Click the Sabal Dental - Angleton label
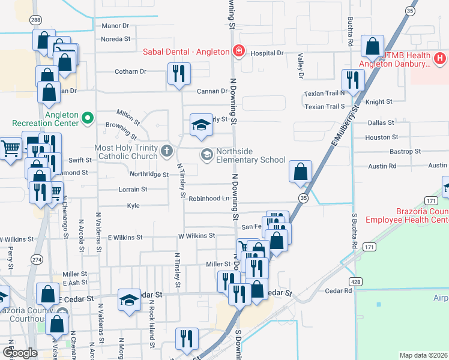[186, 51]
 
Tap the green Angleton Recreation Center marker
[87, 117]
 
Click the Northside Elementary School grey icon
[206, 155]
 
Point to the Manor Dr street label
[115, 26]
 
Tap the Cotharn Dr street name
[130, 71]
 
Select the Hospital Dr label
[267, 53]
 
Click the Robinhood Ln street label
[209, 198]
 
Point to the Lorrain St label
[133, 189]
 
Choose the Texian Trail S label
[325, 107]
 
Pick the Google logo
[20, 353]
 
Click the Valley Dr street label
[300, 66]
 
